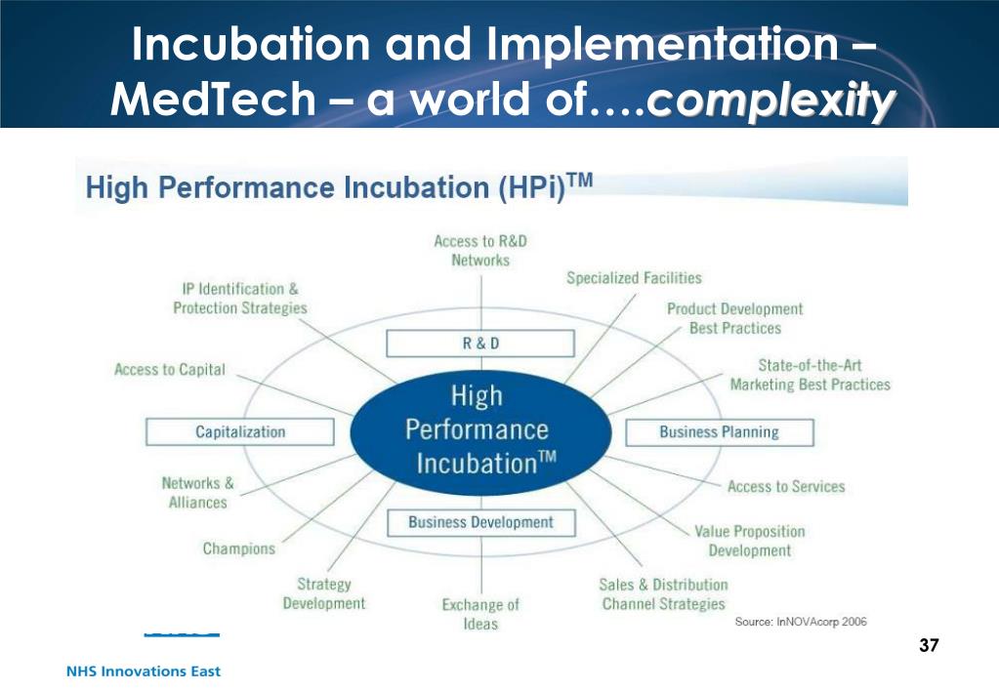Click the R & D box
click(479, 344)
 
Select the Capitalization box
click(240, 431)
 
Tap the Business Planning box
click(719, 432)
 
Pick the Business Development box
click(480, 522)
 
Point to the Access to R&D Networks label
click(480, 251)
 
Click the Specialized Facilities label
click(634, 279)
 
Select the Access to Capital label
click(170, 370)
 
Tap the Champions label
click(239, 549)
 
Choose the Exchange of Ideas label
click(480, 614)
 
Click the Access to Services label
click(786, 486)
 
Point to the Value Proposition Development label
click(750, 541)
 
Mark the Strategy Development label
click(324, 593)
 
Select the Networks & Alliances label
click(197, 493)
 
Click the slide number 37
click(929, 645)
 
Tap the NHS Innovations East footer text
click(144, 671)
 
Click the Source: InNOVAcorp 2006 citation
click(801, 622)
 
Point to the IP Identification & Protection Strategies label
click(240, 299)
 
